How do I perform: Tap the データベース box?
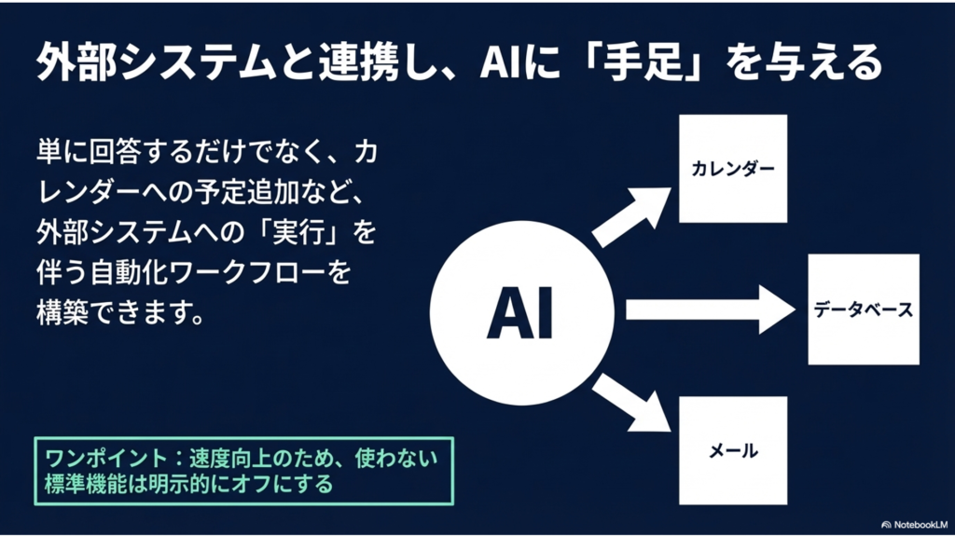point(863,310)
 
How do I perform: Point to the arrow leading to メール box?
point(630,402)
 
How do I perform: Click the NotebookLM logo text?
point(919,525)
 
